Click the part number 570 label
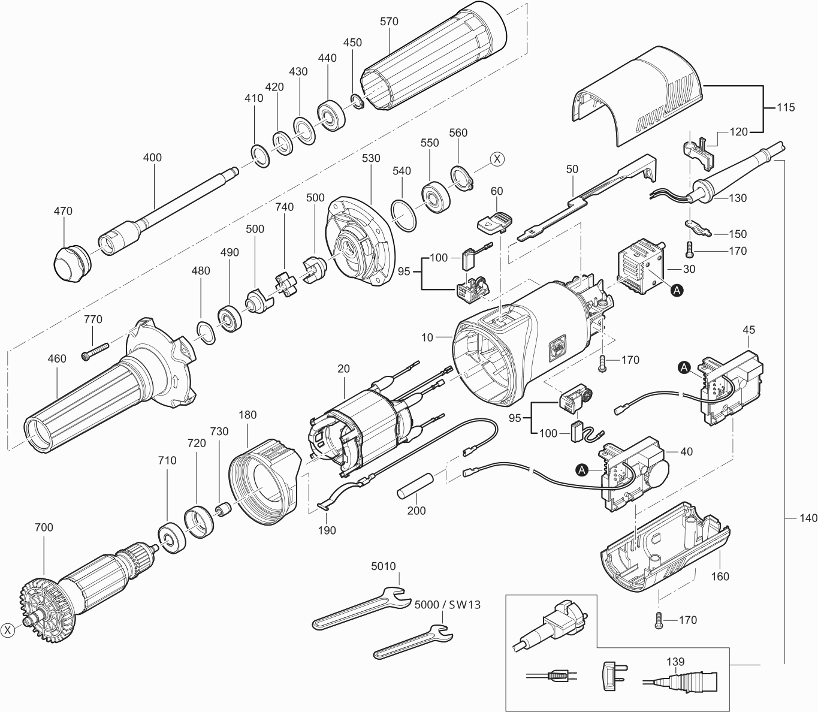click(x=389, y=22)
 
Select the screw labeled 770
click(x=96, y=350)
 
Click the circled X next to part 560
click(x=497, y=159)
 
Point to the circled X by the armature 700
click(x=8, y=630)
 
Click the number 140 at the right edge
click(x=808, y=517)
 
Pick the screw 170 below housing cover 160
click(x=659, y=619)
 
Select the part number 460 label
click(x=56, y=359)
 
